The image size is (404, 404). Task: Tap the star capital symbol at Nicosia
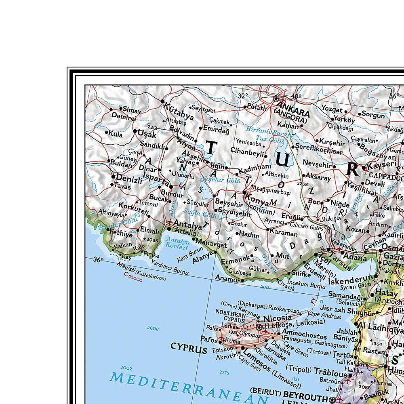coord(259,327)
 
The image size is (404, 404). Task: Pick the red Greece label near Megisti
coord(133,278)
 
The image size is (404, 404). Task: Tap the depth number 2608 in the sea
coord(153,328)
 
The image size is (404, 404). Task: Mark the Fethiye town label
coord(120,234)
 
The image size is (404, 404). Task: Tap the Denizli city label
coord(129,178)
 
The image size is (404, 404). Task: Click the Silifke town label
coord(301,273)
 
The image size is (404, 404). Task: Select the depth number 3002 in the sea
coord(126,367)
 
